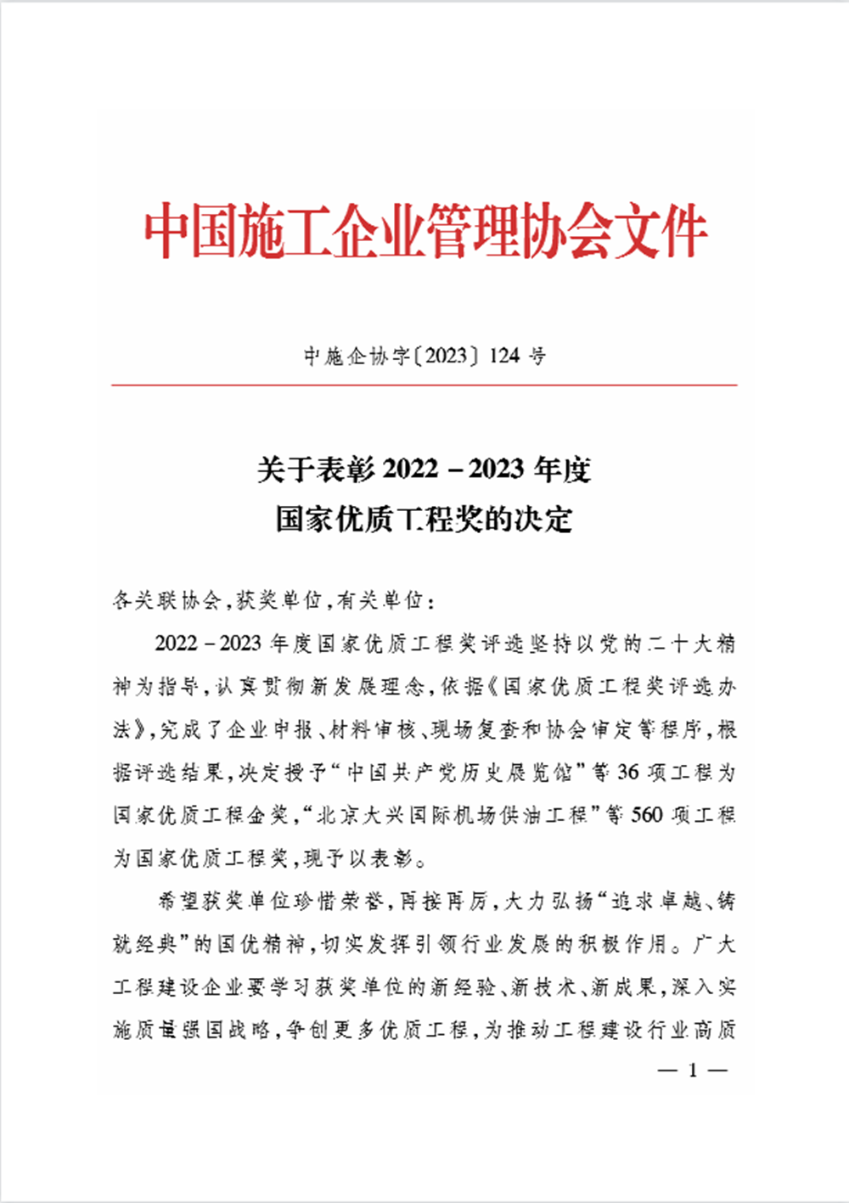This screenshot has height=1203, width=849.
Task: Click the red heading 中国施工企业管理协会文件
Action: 424,231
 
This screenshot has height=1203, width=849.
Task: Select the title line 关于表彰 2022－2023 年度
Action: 424,469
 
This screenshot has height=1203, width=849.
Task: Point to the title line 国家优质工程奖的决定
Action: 424,519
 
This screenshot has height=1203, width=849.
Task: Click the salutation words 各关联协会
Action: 166,601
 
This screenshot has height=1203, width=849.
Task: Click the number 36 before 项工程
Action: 628,773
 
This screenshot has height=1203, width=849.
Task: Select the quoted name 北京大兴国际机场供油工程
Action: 451,816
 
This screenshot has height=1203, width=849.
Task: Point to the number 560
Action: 647,816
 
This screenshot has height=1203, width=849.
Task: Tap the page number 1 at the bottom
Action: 693,1071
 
